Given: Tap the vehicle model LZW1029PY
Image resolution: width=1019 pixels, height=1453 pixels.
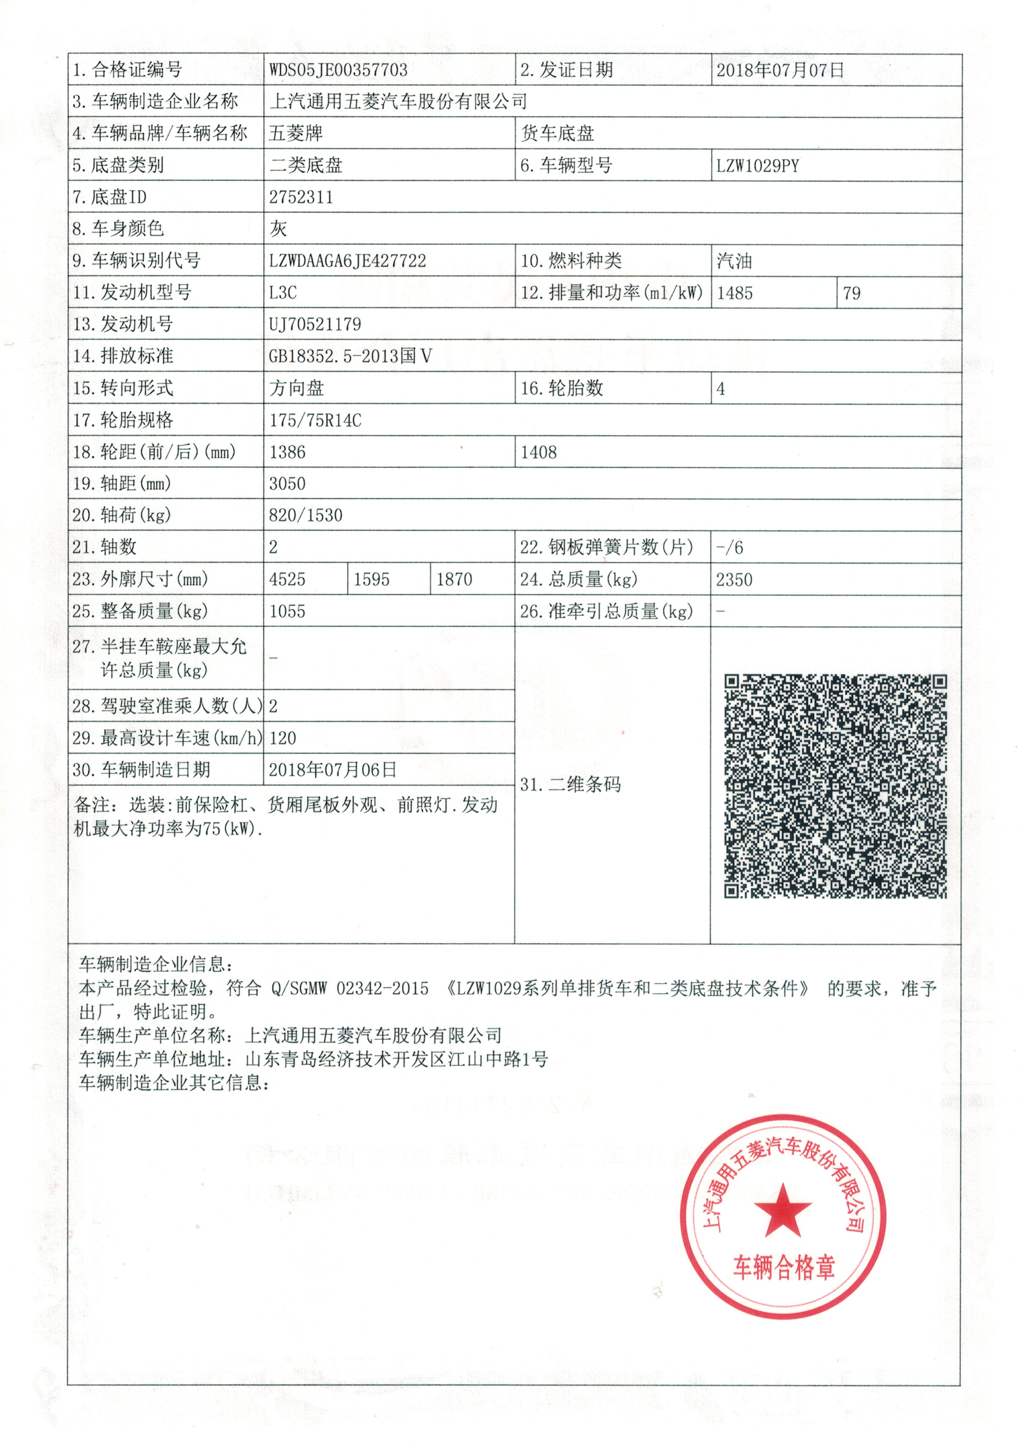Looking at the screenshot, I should click(757, 166).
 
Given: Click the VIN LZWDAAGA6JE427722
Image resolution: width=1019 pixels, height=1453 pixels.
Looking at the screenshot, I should click(347, 261).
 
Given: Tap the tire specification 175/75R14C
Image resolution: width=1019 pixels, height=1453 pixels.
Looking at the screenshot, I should click(315, 421).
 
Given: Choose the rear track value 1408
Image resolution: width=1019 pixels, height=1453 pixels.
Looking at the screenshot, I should click(538, 452).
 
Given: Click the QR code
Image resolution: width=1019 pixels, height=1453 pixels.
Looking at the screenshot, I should click(835, 786).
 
